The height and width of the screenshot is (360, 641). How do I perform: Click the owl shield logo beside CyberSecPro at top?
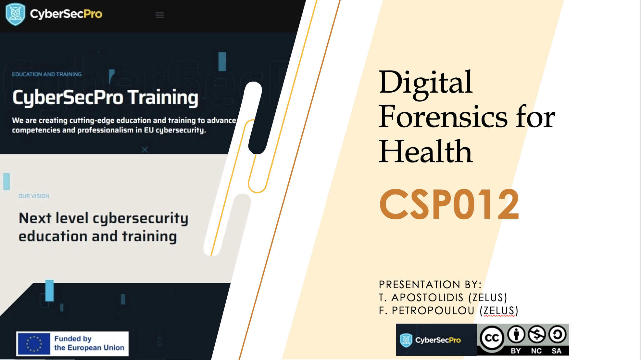point(15,14)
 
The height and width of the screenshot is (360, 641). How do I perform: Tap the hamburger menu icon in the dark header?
point(159,15)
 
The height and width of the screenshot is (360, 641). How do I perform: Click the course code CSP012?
point(449,204)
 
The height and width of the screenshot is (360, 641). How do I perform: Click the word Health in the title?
point(425,151)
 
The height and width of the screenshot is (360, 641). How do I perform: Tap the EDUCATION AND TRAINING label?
point(47,74)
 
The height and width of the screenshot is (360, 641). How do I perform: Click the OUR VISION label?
point(34,196)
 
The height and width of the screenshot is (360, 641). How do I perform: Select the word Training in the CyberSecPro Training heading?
point(163,98)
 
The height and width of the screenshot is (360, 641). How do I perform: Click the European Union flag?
point(34,344)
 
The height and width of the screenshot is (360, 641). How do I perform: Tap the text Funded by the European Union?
point(89,343)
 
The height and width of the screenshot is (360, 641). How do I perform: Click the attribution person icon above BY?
point(516,334)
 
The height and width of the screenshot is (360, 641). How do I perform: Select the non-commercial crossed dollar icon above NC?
point(537,334)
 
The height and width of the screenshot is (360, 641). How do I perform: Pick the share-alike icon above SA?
point(558,334)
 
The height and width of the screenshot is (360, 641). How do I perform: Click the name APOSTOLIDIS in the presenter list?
point(427,298)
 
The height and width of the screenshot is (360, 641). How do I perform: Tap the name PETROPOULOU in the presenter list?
point(433,311)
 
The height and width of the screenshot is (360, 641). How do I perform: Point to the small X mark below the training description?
point(145,150)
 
